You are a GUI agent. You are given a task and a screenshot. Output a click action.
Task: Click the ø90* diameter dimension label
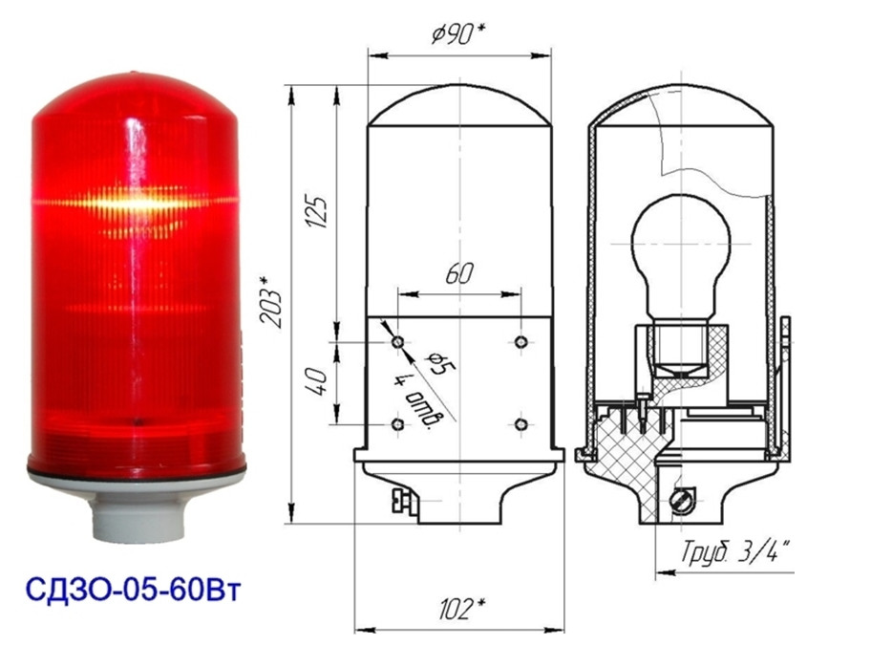click(457, 35)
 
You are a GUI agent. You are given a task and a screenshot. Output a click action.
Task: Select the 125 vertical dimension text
click(317, 212)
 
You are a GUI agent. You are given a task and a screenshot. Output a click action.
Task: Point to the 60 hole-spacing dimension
click(459, 273)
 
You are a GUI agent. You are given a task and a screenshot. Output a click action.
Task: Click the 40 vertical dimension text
click(318, 381)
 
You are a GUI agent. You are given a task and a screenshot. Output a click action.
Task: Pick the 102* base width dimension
click(461, 609)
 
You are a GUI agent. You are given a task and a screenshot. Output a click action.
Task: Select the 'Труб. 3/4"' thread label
click(736, 552)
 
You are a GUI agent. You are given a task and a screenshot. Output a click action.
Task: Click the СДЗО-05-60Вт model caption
click(134, 591)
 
